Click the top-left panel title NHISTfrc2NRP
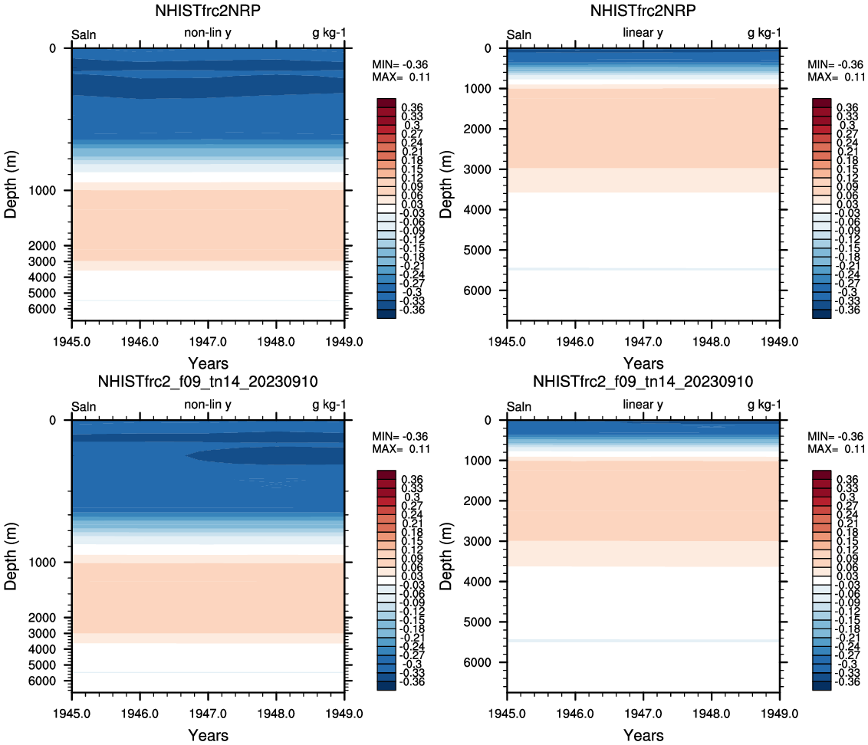pyautogui.click(x=208, y=11)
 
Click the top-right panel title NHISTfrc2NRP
pyautogui.click(x=643, y=11)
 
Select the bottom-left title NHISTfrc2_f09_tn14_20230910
pyautogui.click(x=208, y=382)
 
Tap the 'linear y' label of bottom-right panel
pyautogui.click(x=643, y=404)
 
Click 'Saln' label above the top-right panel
pyautogui.click(x=519, y=34)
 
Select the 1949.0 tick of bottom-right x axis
pyautogui.click(x=780, y=716)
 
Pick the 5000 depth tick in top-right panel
pyautogui.click(x=484, y=250)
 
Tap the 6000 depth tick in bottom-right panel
pyautogui.click(x=484, y=662)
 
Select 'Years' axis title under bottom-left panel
pyautogui.click(x=208, y=735)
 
